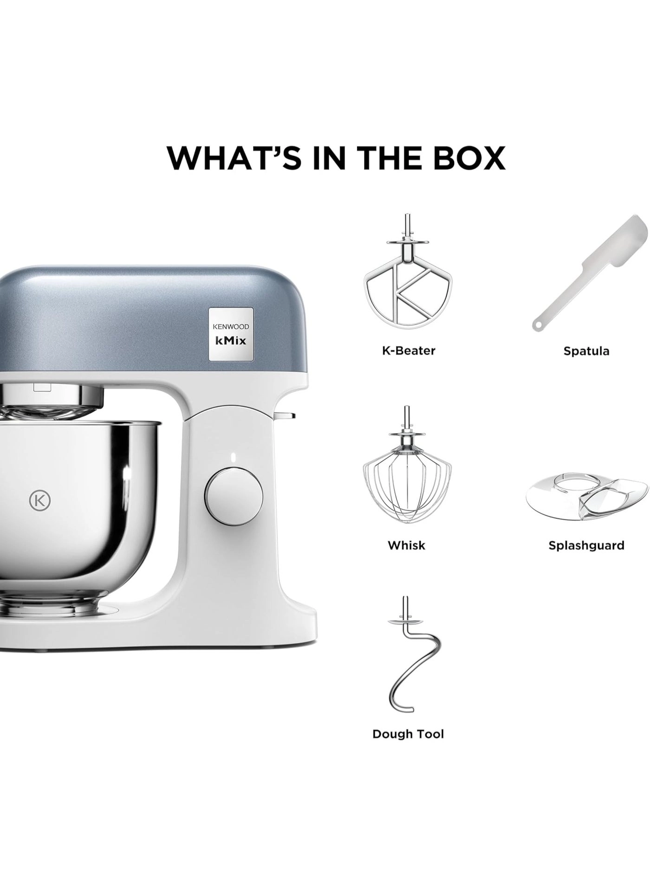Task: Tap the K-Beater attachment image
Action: [x=408, y=274]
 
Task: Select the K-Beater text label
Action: [x=409, y=350]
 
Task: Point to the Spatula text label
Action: [x=586, y=351]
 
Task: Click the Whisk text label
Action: [x=407, y=545]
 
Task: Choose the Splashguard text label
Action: [x=586, y=545]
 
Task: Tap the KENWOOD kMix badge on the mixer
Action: [x=231, y=334]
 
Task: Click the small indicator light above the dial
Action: [x=234, y=456]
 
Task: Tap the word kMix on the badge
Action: [x=230, y=341]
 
